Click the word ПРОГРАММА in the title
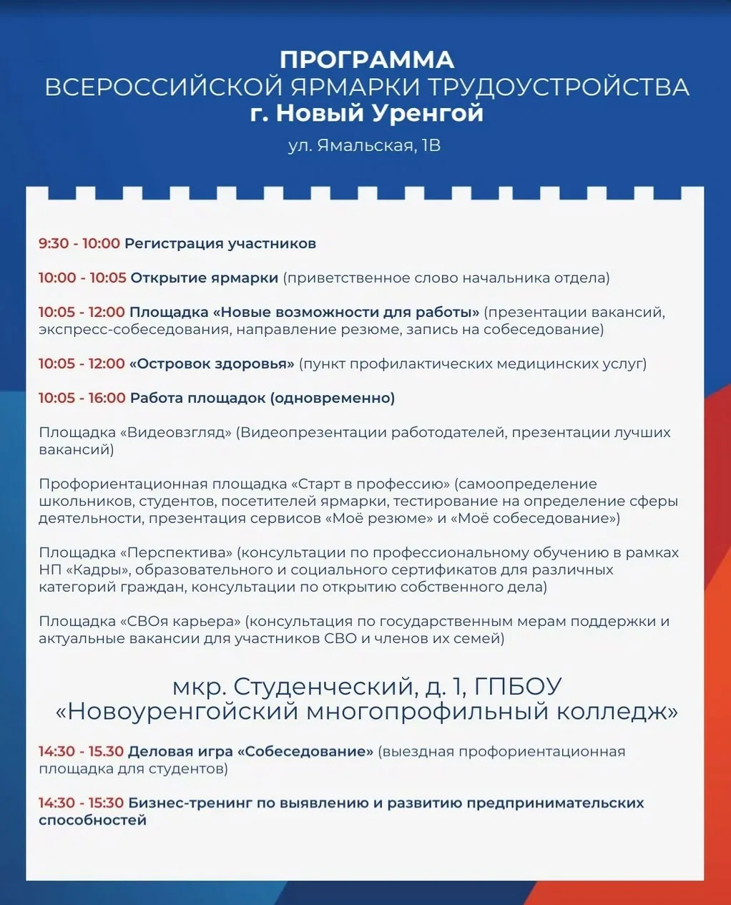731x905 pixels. pos(366,59)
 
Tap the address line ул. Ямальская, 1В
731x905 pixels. pos(364,146)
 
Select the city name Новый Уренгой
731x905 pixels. pos(380,113)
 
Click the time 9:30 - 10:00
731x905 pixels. pos(79,244)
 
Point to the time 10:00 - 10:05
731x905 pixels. pos(82,278)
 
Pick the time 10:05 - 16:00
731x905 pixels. pos(82,398)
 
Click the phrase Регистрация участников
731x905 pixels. pos(220,244)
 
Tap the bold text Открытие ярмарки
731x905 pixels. pos(204,278)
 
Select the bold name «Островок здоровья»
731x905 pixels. pos(212,364)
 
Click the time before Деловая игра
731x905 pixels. pos(81,752)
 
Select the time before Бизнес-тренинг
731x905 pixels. pos(81,803)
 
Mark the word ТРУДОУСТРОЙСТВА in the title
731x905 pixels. pos(559,87)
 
